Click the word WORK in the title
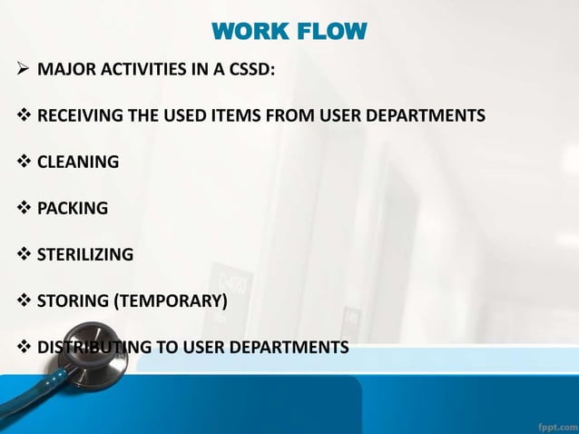tap(246, 34)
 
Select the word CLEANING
tap(78, 163)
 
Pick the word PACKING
tap(73, 208)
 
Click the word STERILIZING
tap(85, 254)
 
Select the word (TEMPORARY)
tap(170, 301)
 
